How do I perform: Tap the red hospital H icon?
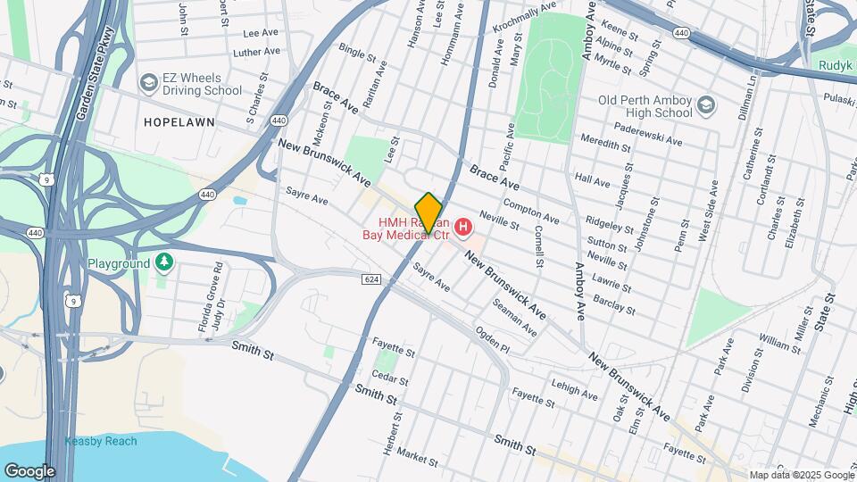pos(463,229)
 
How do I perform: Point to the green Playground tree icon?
pos(162,262)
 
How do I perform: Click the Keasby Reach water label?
pos(101,441)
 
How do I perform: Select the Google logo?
pos(29,470)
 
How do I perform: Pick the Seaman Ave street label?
pos(515,317)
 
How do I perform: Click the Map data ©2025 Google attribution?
pos(801,475)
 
